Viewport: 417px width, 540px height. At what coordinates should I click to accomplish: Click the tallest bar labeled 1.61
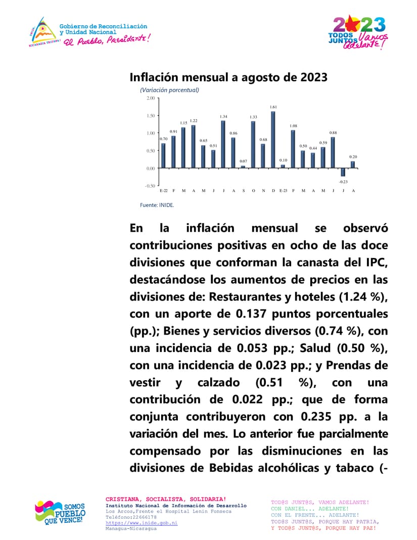[273, 140]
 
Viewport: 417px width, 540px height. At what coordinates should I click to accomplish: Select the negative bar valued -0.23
[343, 172]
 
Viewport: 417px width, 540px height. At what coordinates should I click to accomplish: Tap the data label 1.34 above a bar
[223, 117]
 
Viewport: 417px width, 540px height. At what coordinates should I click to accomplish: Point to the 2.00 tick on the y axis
[151, 98]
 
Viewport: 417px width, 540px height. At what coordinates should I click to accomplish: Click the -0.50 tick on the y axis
[150, 186]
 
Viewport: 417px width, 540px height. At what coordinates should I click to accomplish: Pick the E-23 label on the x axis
[283, 191]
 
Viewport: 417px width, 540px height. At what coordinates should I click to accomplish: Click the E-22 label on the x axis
[163, 191]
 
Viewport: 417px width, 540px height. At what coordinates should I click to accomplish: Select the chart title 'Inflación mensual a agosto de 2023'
[228, 77]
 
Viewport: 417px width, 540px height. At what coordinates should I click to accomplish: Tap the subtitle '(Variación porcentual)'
[169, 90]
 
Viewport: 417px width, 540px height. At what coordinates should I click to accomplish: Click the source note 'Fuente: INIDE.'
[157, 205]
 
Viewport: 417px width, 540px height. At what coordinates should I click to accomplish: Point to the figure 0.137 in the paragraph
[251, 313]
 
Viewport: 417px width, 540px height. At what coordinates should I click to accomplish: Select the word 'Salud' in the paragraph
[316, 348]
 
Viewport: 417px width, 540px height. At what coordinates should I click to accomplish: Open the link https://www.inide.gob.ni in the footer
[142, 523]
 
